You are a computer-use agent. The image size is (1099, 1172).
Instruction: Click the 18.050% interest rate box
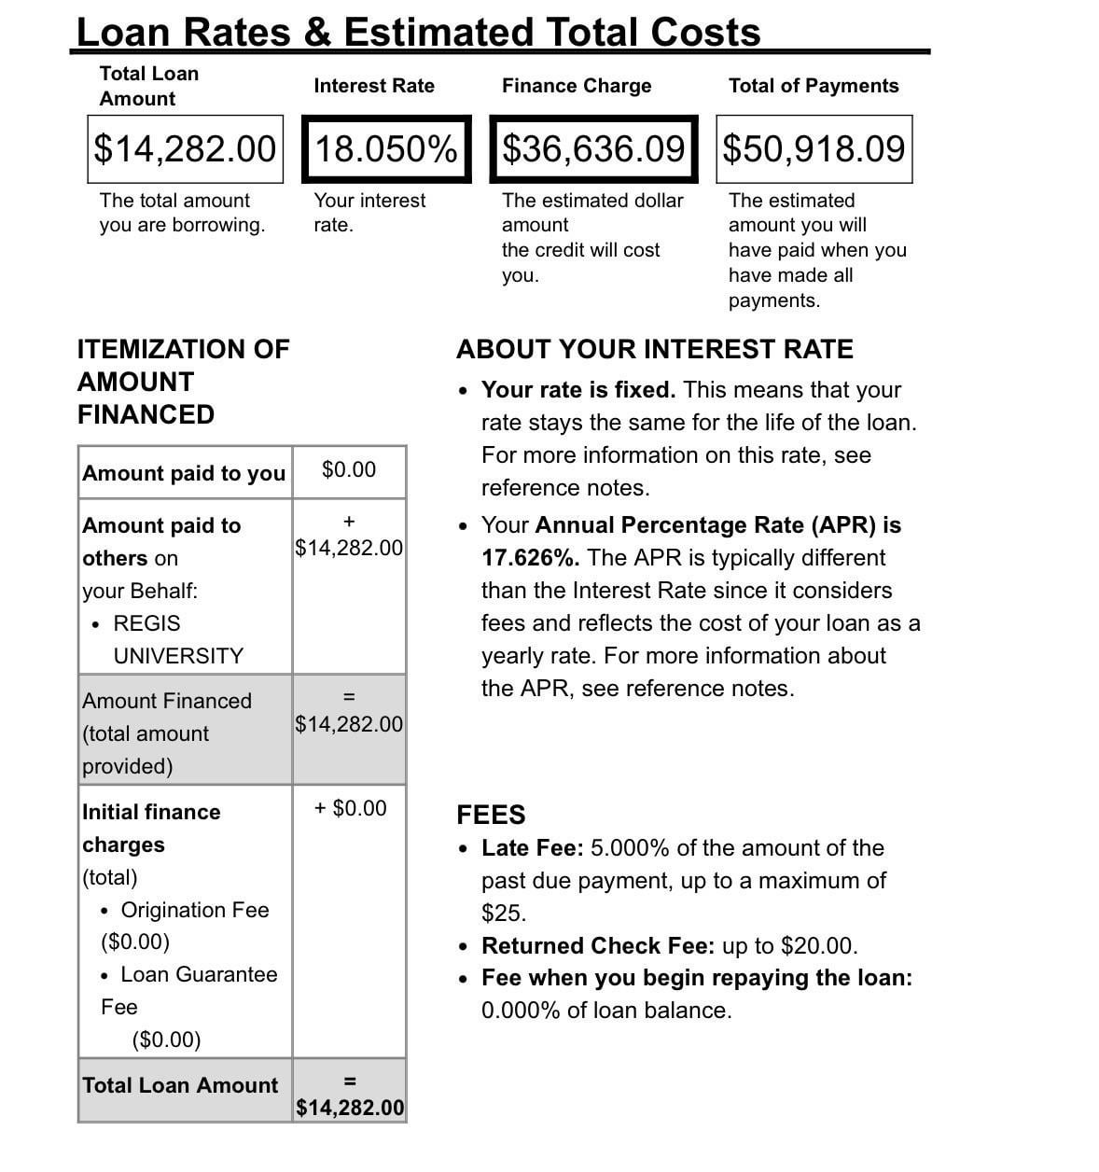point(386,149)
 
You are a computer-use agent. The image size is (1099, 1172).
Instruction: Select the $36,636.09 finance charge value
point(593,149)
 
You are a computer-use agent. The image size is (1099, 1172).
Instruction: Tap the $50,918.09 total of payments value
point(814,149)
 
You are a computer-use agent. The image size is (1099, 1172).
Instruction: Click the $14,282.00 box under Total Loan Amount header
point(185,149)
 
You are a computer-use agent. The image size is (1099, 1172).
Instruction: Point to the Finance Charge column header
point(577,86)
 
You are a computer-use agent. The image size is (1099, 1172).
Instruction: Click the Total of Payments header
point(813,86)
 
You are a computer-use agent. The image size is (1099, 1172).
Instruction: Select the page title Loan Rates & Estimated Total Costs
point(418,32)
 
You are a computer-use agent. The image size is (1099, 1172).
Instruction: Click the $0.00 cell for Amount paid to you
point(349,470)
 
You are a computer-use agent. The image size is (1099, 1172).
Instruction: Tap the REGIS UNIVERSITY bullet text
point(177,639)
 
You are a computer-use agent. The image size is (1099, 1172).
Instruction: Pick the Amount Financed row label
point(166,702)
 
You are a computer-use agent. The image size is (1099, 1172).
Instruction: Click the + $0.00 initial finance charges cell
point(350,808)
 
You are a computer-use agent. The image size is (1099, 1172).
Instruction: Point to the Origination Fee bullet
point(194,910)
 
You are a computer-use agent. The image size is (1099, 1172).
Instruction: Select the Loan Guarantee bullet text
point(199,974)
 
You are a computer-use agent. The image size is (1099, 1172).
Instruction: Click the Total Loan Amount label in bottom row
point(180,1085)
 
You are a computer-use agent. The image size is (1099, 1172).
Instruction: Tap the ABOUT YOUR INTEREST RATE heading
point(654,350)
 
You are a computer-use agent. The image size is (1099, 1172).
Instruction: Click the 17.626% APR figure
point(529,558)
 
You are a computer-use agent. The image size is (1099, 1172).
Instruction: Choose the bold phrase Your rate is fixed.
point(577,390)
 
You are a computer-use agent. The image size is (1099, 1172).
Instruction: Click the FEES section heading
point(491,815)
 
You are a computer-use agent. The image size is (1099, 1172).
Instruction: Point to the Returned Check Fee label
point(597,946)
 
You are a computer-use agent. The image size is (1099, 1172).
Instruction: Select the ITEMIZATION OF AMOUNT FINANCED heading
point(183,382)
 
